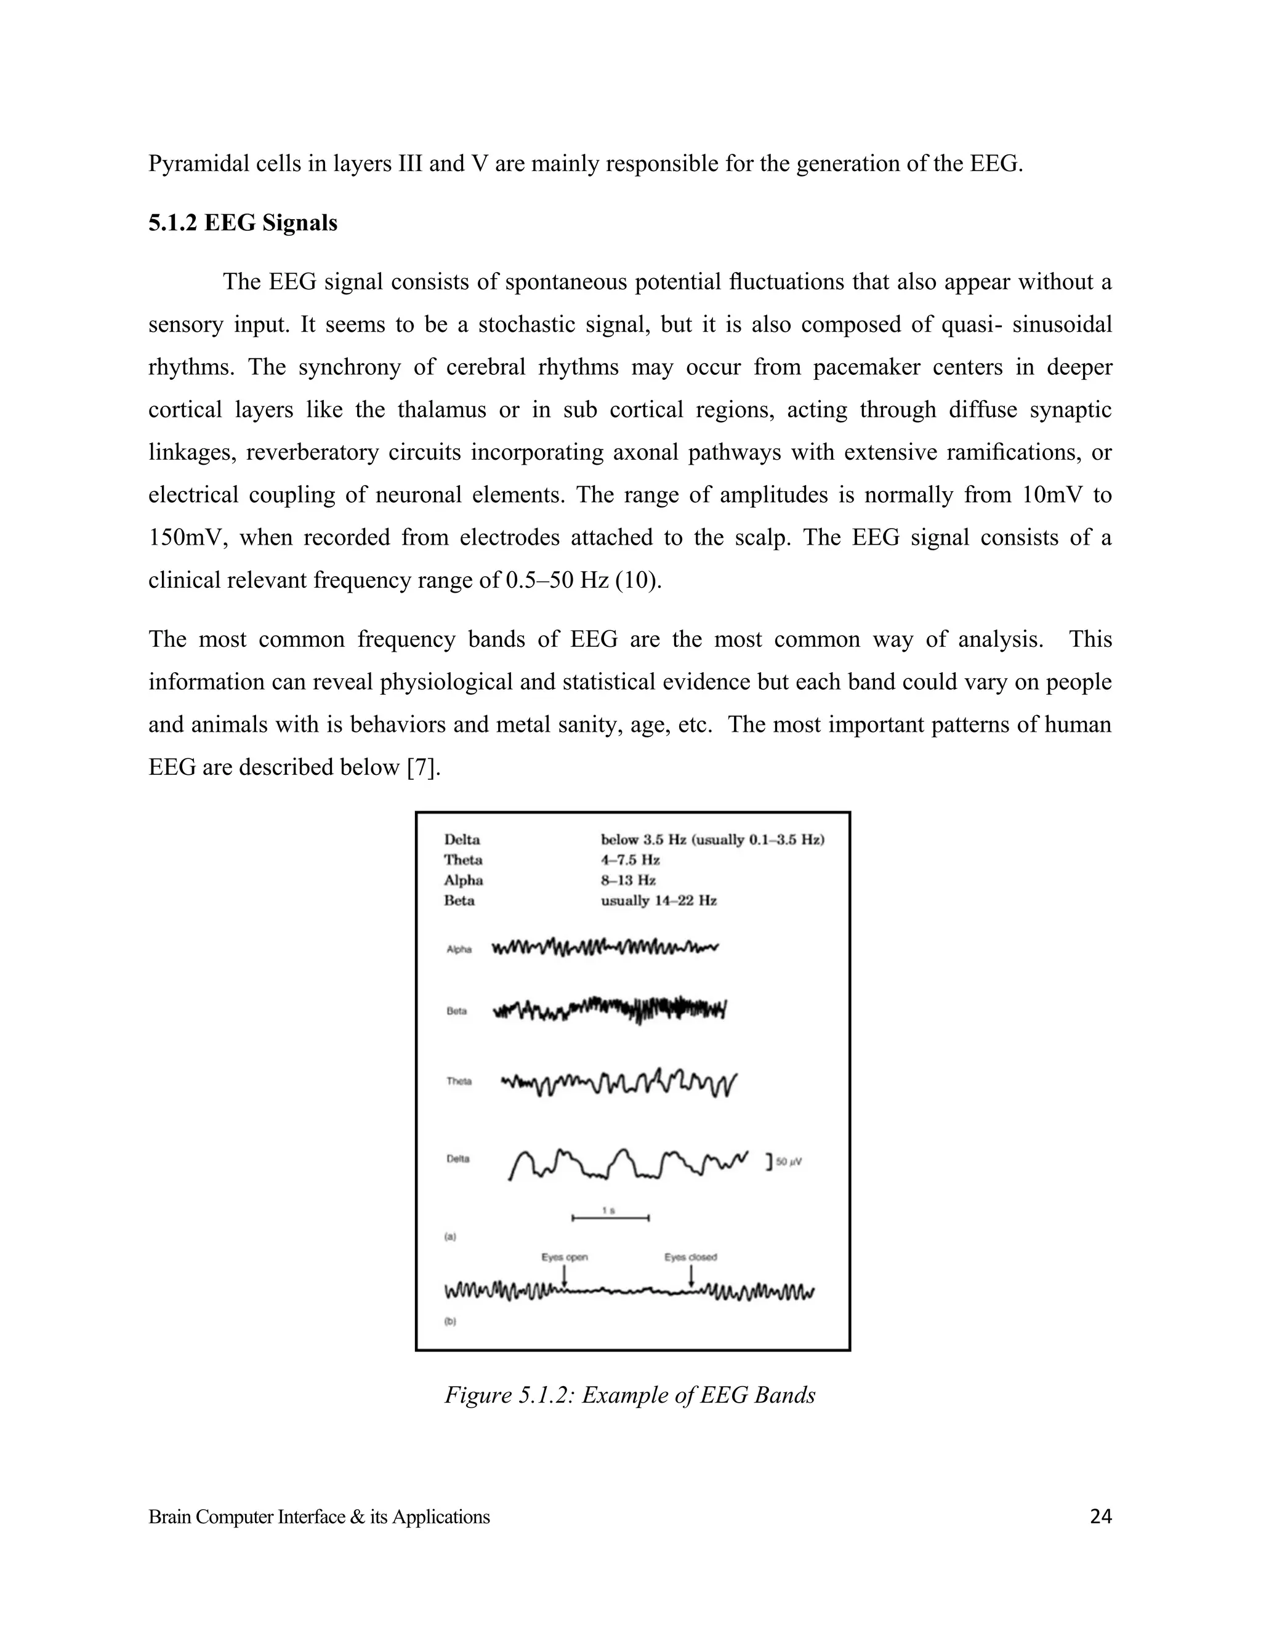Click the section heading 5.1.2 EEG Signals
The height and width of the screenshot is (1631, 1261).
coord(242,223)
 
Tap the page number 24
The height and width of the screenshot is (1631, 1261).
coord(1100,1517)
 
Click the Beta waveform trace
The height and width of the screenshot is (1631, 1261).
coord(610,1009)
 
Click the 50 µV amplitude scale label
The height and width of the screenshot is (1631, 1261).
coord(788,1162)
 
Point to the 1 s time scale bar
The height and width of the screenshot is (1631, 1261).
coord(610,1218)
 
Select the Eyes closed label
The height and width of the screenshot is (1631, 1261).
coord(690,1257)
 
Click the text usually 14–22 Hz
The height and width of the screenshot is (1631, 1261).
coord(658,900)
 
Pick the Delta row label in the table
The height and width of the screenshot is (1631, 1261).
coord(462,840)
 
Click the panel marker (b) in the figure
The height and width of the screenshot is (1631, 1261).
coord(451,1321)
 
